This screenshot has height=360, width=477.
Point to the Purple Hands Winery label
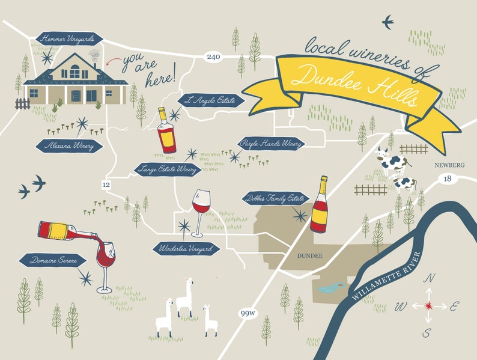coord(271,144)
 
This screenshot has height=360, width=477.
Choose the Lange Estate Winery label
coord(168,169)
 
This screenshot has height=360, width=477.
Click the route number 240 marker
coord(213,57)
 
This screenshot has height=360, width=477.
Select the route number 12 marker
coord(107,184)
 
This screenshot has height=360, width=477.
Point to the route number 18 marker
coord(447,178)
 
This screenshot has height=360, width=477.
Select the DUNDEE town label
coord(310,256)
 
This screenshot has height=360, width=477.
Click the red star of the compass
coord(428,305)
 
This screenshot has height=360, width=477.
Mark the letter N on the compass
coord(429,278)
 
